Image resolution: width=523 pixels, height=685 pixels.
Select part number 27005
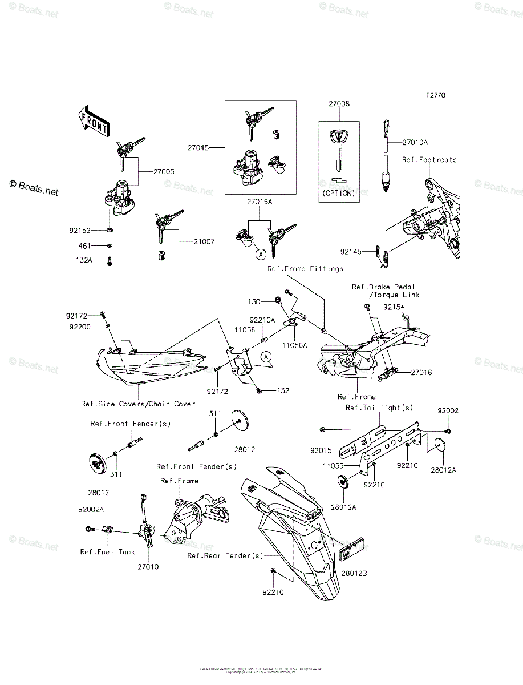[164, 171]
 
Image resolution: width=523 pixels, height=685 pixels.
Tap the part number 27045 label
[198, 147]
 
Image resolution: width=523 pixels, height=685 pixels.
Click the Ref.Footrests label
[429, 160]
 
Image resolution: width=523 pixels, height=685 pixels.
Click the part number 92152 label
[81, 231]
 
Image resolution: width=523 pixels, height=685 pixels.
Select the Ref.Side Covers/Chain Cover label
[138, 404]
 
